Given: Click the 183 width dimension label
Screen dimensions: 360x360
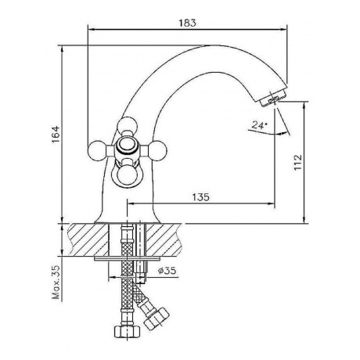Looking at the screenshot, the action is [x=187, y=23].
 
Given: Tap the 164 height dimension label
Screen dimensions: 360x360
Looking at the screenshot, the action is [x=56, y=135].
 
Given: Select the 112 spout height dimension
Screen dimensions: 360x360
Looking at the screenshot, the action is [x=298, y=162].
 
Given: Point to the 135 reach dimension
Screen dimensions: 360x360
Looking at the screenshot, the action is [x=200, y=197].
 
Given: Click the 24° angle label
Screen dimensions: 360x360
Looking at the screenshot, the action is [x=259, y=125].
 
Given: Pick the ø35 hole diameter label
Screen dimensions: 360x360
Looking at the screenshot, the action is [x=167, y=271].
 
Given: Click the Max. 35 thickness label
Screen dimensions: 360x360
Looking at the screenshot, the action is [x=56, y=283].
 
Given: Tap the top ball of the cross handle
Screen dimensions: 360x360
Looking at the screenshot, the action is [x=127, y=125].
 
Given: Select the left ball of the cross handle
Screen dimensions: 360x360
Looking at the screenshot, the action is [x=97, y=150].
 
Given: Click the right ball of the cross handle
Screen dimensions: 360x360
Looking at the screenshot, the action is [x=157, y=150].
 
